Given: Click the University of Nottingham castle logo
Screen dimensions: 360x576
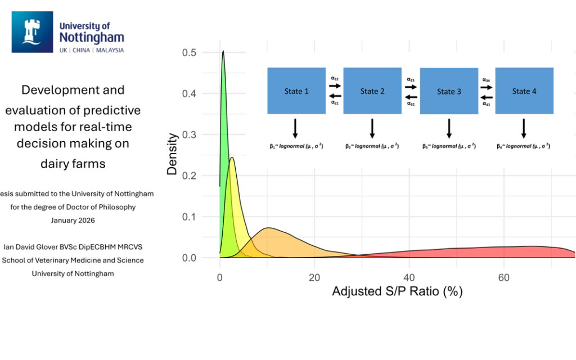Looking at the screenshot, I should tap(32, 32).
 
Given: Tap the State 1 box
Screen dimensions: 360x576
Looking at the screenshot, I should tap(296, 91).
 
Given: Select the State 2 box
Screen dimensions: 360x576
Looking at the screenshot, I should tap(372, 91).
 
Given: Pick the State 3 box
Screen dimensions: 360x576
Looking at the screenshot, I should tap(449, 91).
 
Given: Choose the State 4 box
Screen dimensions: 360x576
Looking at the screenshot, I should tap(524, 91).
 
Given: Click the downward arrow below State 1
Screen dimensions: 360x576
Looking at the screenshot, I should tap(295, 128).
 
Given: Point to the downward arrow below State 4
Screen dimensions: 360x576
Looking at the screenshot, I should tap(524, 128).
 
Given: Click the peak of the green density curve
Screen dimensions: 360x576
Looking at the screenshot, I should tap(223, 51).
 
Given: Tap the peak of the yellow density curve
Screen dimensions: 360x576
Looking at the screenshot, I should tap(232, 158).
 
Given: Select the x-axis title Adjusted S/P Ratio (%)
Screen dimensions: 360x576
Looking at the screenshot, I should tap(397, 292).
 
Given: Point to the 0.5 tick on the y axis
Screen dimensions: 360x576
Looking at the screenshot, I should tap(189, 52).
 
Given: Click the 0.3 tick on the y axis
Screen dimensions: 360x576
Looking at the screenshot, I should tap(189, 134).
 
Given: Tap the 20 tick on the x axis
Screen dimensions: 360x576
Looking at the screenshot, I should tap(314, 277).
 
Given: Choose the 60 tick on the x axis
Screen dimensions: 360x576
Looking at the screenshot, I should tap(504, 277).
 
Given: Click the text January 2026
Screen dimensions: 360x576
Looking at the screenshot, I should tap(73, 220).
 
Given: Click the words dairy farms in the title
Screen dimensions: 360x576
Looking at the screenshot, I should tap(73, 164).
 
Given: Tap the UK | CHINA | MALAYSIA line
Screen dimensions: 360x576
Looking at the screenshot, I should tap(91, 50).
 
